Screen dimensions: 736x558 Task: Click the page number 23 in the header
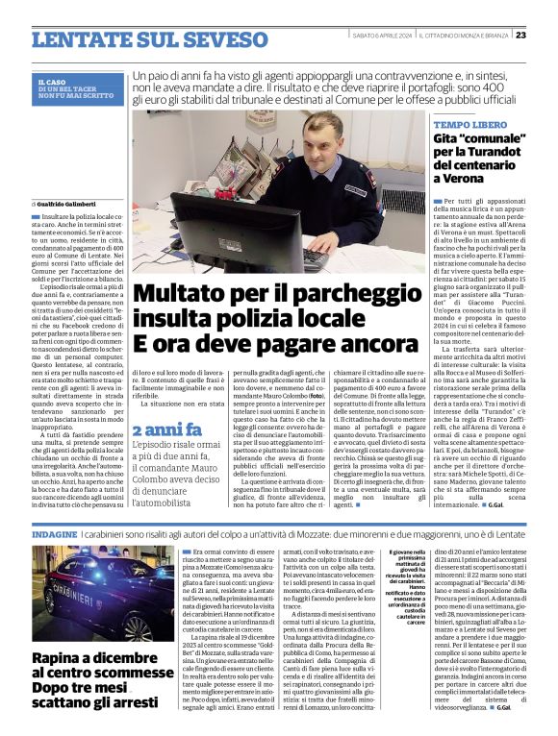546,35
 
